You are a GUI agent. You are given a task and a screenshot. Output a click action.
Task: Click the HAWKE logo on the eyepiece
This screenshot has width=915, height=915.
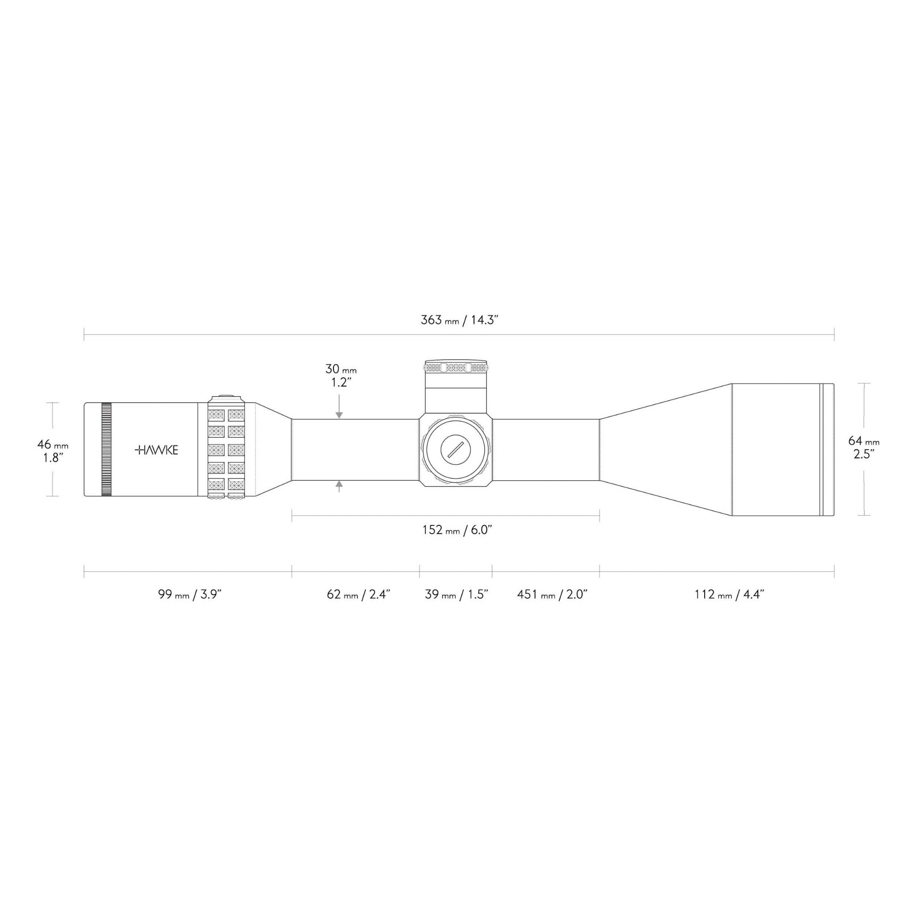tap(156, 450)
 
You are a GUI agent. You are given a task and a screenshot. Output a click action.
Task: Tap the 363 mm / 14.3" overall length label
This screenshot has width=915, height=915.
tap(459, 320)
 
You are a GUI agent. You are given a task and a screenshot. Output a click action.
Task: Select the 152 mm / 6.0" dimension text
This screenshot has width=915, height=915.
tap(457, 530)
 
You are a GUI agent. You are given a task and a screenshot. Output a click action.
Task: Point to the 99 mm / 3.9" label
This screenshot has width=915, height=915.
tap(190, 594)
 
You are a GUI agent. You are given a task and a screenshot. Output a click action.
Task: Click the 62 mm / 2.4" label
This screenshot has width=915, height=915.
tap(358, 594)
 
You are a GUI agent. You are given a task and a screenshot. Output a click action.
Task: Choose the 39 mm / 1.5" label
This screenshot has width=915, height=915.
tap(457, 594)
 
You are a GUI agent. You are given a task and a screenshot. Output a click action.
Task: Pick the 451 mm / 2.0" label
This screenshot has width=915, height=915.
tap(552, 594)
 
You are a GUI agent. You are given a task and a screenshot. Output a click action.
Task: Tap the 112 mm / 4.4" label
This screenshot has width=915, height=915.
tap(729, 594)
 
